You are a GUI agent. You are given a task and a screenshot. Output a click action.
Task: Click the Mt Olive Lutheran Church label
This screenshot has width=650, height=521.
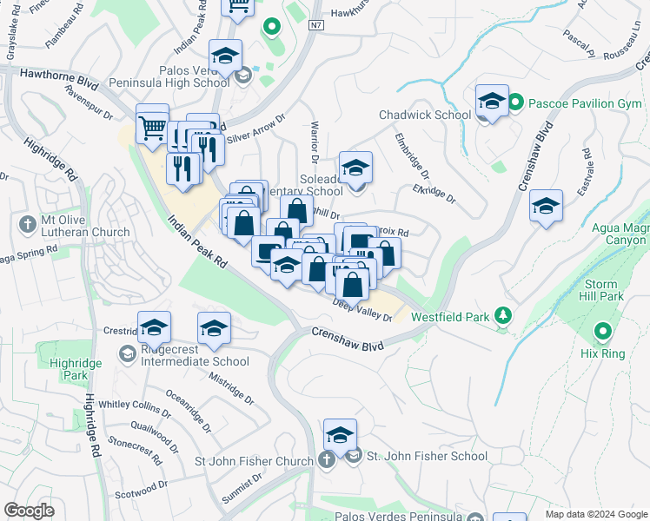pos(84,226)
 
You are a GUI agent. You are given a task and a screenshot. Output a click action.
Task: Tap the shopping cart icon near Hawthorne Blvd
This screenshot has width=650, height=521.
pos(153,129)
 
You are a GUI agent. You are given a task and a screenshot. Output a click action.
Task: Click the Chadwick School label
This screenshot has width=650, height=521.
pos(424,115)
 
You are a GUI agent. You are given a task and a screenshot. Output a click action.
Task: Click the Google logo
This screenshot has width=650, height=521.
pos(30,510)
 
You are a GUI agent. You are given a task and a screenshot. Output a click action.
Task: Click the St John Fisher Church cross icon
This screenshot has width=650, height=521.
pos(326,459)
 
